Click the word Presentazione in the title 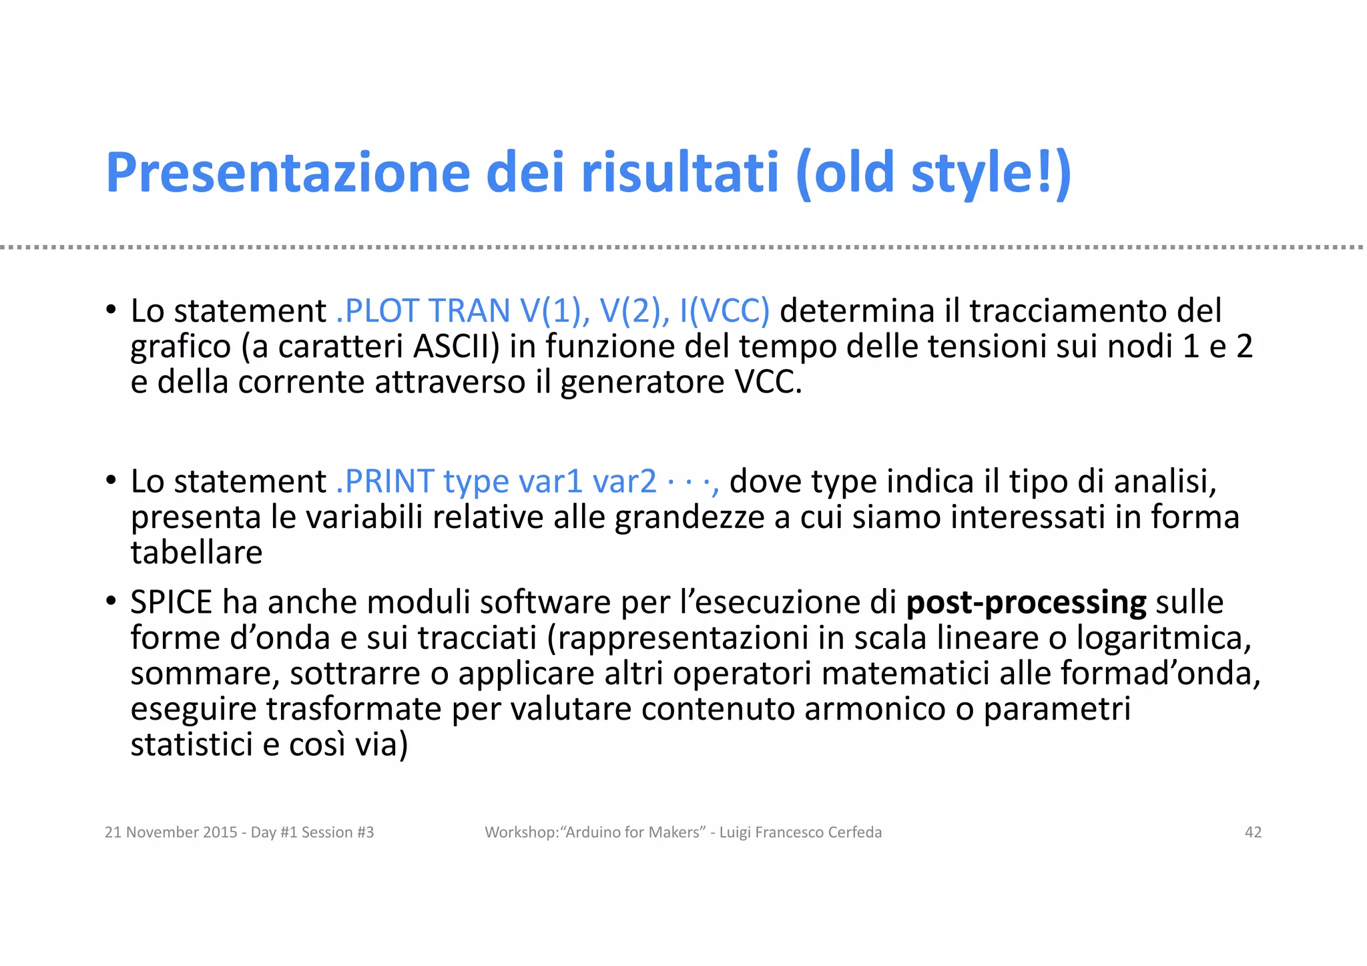pyautogui.click(x=288, y=172)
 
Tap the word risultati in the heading pyautogui.click(x=679, y=172)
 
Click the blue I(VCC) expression pyautogui.click(x=724, y=310)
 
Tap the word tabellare pyautogui.click(x=196, y=553)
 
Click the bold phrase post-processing pyautogui.click(x=1026, y=602)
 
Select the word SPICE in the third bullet pyautogui.click(x=171, y=602)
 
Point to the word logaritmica pyautogui.click(x=1163, y=638)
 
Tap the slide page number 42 pyautogui.click(x=1253, y=832)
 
